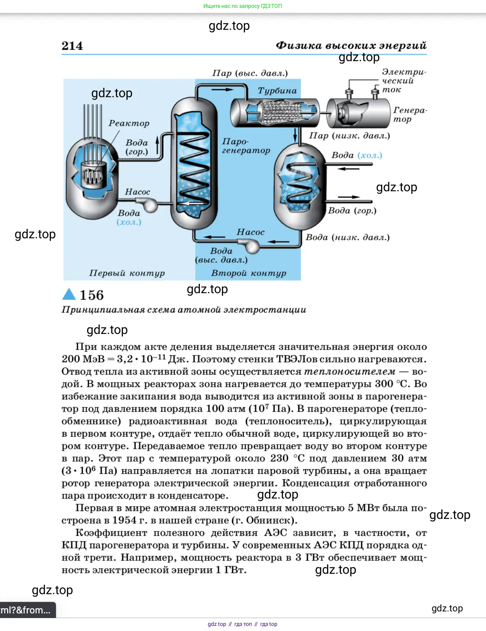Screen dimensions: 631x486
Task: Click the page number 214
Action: tap(72, 46)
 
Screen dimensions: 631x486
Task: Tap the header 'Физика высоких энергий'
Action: tap(351, 45)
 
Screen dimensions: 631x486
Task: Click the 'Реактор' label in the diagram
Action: tap(129, 123)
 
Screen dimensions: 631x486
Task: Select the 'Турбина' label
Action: tap(277, 91)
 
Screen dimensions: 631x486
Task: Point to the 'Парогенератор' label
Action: tap(246, 146)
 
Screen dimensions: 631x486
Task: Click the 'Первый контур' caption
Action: tap(127, 273)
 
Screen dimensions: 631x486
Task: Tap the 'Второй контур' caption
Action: tap(248, 273)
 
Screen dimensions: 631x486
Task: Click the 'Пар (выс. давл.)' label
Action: tap(250, 73)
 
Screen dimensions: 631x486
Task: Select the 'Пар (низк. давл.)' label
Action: tap(349, 136)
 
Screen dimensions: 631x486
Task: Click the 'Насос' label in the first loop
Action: tap(137, 192)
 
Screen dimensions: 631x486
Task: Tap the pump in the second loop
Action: tap(251, 245)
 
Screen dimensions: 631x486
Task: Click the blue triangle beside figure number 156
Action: tap(69, 294)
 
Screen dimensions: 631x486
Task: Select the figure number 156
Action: tap(92, 295)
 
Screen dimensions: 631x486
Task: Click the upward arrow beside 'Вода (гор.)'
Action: tap(158, 145)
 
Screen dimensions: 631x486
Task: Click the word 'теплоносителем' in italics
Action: tap(349, 371)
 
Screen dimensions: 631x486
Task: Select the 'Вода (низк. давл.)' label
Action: tap(347, 237)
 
